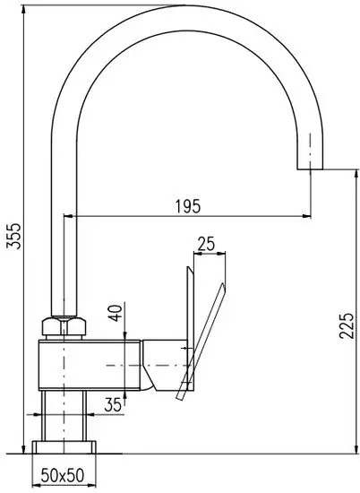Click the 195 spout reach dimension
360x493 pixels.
click(x=188, y=205)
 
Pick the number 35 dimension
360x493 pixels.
click(x=112, y=406)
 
